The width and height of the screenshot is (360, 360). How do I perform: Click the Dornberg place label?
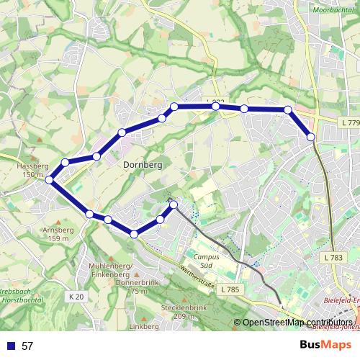point(138,165)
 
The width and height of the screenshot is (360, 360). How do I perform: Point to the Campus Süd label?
point(207,261)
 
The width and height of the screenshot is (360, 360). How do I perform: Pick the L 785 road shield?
point(230,289)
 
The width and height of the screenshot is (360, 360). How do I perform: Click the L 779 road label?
point(349,124)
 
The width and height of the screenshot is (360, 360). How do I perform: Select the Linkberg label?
point(143,328)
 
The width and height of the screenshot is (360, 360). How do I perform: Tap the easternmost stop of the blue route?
point(311,136)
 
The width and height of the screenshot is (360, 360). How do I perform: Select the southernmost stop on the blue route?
point(135,233)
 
